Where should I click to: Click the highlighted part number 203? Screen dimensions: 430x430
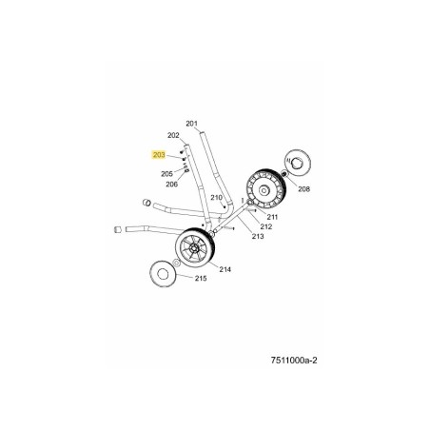tap(159, 155)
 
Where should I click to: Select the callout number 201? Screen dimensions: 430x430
tap(191, 124)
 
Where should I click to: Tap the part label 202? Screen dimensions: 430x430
tap(173, 135)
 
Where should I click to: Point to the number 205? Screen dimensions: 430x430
tap(166, 174)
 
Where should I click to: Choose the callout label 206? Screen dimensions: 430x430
tap(172, 184)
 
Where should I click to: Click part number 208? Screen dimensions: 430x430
tap(303, 189)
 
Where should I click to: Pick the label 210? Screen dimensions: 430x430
tap(217, 198)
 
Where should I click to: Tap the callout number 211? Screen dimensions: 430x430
tap(272, 217)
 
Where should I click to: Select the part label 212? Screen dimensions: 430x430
tap(266, 226)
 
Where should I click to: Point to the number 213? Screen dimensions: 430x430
tap(258, 236)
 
